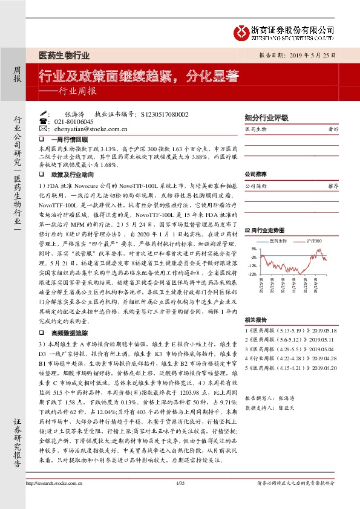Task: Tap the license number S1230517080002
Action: tap(164, 114)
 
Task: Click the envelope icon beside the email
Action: tap(43, 129)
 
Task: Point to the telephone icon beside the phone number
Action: tap(43, 122)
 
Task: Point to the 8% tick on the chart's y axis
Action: tap(254, 248)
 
